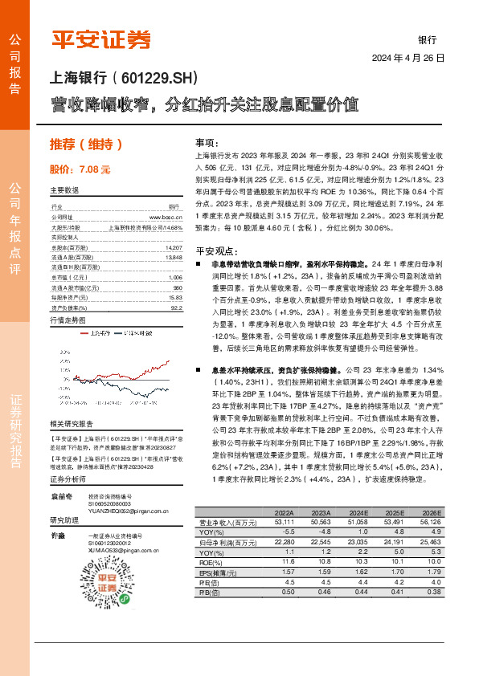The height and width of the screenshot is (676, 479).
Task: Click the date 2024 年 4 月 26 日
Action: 407,59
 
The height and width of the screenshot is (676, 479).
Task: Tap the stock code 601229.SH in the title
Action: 158,79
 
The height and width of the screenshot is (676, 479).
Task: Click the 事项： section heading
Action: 208,140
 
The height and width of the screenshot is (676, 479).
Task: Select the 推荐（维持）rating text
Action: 87,145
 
